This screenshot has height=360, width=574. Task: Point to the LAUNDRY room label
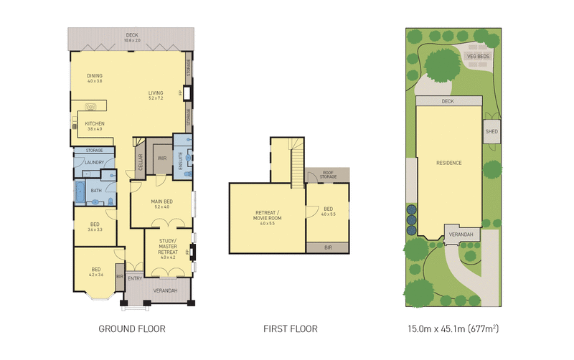tap(95, 162)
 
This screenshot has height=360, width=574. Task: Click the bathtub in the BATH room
tap(79, 190)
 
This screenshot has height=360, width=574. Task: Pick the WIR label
tap(162, 159)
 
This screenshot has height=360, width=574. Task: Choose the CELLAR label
tap(141, 166)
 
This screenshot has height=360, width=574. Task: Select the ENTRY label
tap(135, 278)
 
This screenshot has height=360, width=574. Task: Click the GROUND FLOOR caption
tap(131, 330)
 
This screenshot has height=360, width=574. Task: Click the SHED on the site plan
tap(491, 132)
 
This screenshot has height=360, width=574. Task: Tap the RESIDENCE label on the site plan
tap(449, 163)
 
